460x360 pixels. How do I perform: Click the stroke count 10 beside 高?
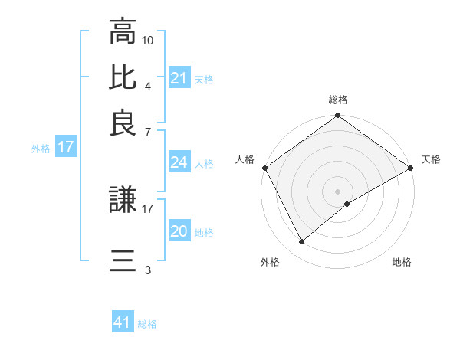(x=148, y=39)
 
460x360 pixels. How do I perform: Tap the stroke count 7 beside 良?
(x=147, y=132)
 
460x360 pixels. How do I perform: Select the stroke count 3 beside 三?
(x=147, y=270)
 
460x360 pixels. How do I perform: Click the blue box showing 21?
(x=179, y=78)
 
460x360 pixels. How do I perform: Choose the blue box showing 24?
(x=179, y=162)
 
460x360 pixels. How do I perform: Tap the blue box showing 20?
(x=179, y=232)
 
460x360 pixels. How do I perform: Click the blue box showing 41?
(x=123, y=323)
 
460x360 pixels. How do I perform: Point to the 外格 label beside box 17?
(x=41, y=148)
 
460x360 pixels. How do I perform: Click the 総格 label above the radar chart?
(x=338, y=100)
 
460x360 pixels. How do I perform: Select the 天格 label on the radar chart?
(x=431, y=159)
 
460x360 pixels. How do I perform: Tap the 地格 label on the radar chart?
(x=402, y=262)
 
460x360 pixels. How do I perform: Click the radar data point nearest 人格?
(x=264, y=168)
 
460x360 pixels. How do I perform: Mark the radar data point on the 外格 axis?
(x=302, y=242)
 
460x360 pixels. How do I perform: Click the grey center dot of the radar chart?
(x=338, y=191)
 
